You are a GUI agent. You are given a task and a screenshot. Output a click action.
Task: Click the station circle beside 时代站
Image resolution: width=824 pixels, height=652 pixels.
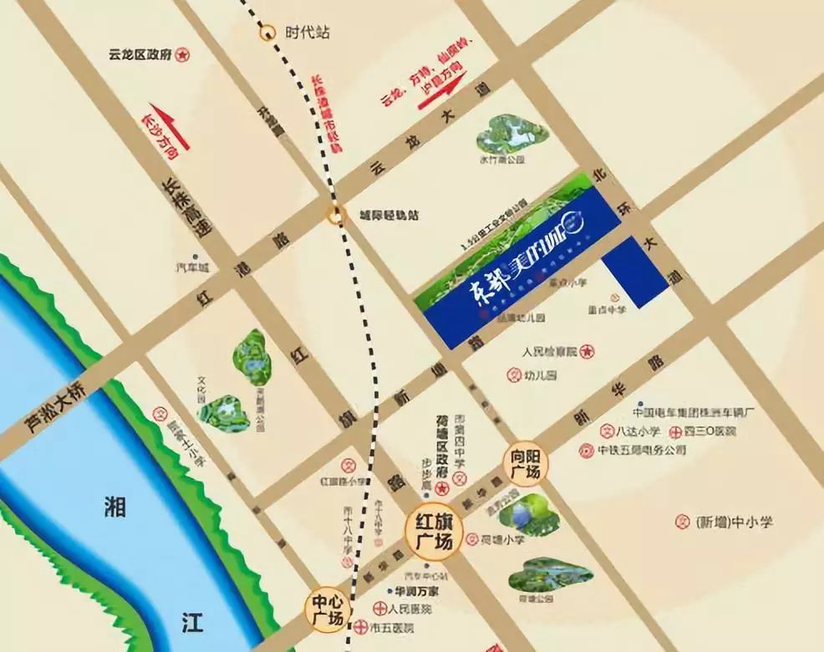[267, 33]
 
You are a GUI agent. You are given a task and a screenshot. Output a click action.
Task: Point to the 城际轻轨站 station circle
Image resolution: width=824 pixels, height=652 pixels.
[335, 216]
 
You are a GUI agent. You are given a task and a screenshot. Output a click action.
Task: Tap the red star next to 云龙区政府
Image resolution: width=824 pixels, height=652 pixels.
[183, 54]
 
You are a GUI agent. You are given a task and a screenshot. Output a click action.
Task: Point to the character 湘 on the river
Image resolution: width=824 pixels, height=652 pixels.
[116, 507]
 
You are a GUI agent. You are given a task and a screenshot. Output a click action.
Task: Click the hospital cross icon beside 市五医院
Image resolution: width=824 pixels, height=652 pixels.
[359, 627]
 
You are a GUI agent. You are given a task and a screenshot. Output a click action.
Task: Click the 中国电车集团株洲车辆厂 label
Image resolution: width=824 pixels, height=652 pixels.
[694, 413]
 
